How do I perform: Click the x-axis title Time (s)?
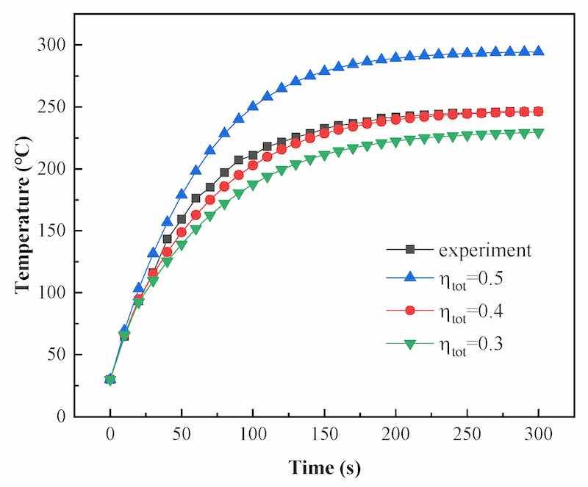pyautogui.click(x=324, y=467)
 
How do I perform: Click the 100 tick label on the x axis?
pyautogui.click(x=253, y=434)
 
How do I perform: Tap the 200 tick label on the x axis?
pyautogui.click(x=395, y=434)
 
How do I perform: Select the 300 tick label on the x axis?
pyautogui.click(x=538, y=434)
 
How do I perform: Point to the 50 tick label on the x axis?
pyautogui.click(x=182, y=434)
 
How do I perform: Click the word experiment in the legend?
pyautogui.click(x=485, y=250)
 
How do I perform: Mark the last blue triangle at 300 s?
pyautogui.click(x=538, y=51)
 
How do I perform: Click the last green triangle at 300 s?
pyautogui.click(x=538, y=133)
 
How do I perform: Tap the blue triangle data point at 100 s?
pyautogui.click(x=253, y=106)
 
